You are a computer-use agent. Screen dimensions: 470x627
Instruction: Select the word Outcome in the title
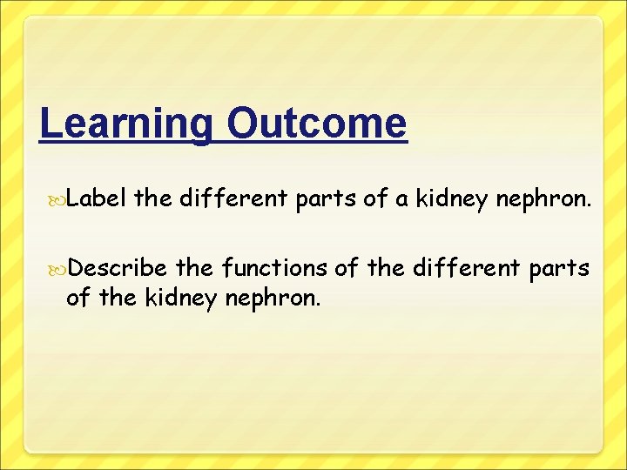315,124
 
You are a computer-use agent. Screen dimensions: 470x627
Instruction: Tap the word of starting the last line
77,299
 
